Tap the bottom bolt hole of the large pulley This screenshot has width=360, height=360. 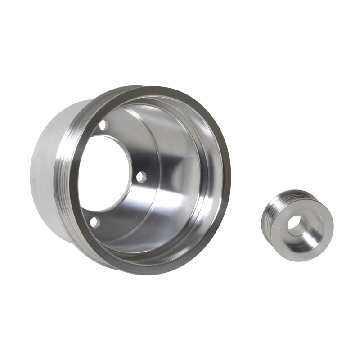pos(94,221)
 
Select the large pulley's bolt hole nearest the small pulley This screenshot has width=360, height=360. pos(141,177)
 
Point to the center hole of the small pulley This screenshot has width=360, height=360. pos(296,224)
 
